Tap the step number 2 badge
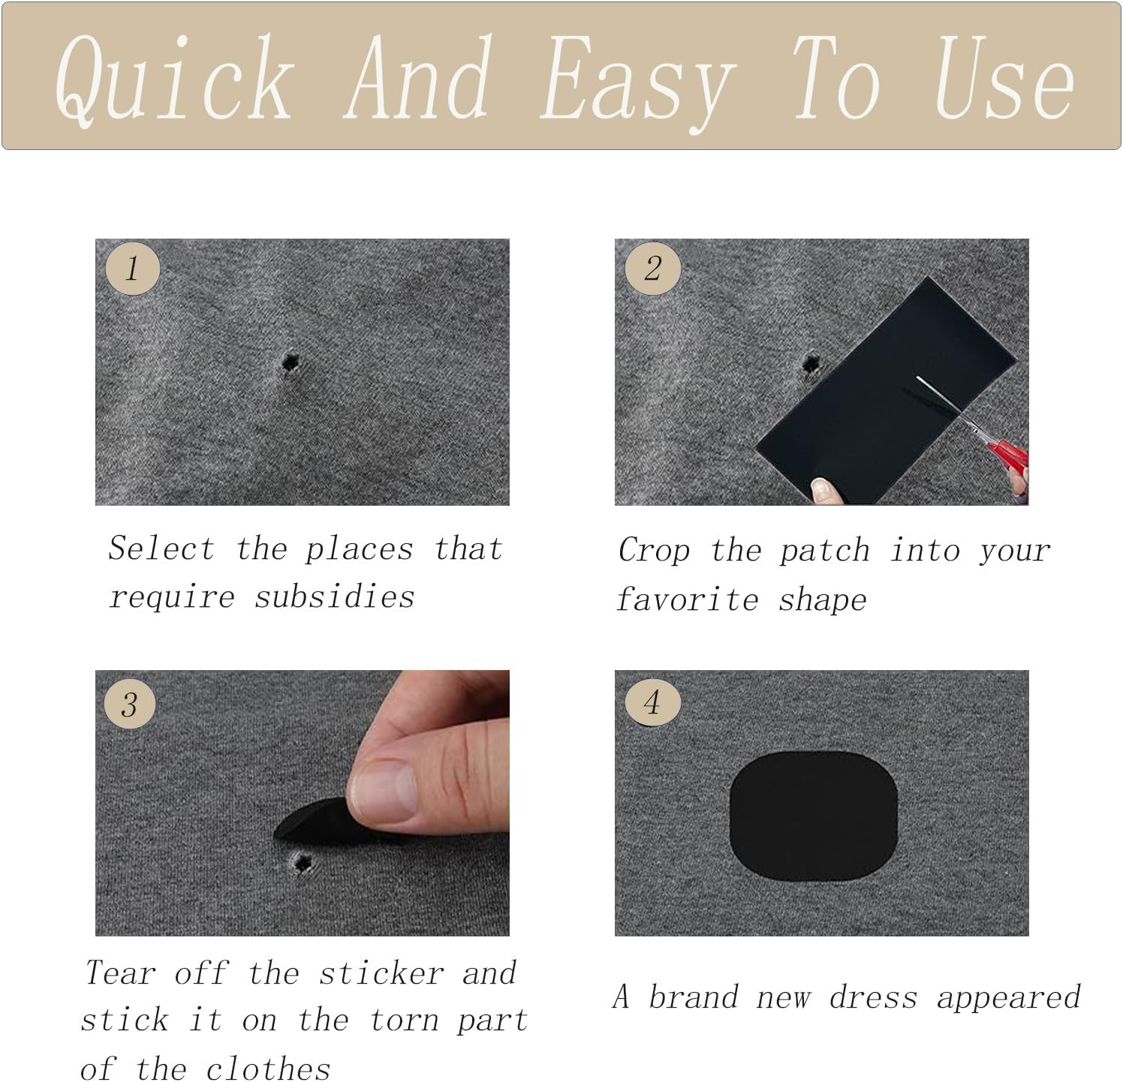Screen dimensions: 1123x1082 click(x=653, y=268)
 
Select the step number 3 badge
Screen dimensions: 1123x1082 click(x=129, y=704)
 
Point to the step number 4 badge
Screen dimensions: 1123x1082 click(x=652, y=702)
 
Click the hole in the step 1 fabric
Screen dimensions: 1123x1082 click(x=288, y=363)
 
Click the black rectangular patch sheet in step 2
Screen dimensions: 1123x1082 click(x=886, y=390)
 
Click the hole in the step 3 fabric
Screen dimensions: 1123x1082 click(x=303, y=864)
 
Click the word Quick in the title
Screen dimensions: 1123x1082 click(x=174, y=79)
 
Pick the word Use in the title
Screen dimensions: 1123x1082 click(x=1004, y=79)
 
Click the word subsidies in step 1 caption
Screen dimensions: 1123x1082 click(x=334, y=597)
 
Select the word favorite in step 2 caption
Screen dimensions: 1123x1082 click(x=687, y=600)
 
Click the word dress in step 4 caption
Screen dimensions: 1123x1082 click(x=873, y=997)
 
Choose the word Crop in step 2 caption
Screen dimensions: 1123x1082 click(x=654, y=551)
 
